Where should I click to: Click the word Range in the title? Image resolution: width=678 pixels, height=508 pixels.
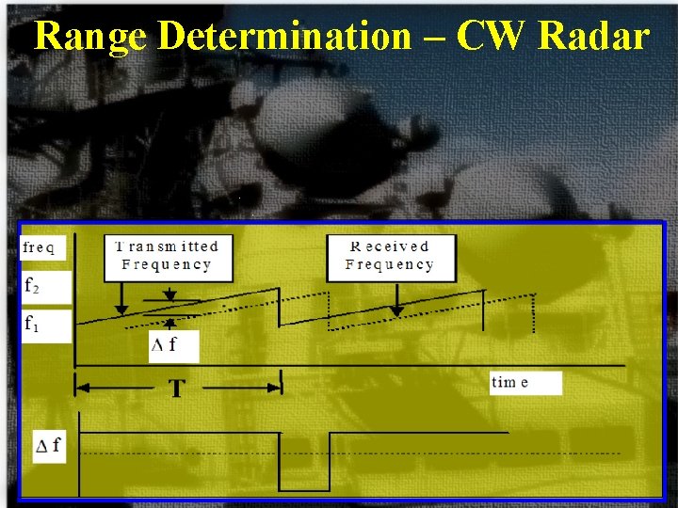point(91,37)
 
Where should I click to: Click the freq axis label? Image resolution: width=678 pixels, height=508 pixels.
point(40,248)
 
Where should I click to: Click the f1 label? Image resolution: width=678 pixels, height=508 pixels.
point(34,325)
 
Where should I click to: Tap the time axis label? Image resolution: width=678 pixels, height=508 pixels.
point(510,382)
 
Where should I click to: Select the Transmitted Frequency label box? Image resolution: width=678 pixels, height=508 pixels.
point(167,256)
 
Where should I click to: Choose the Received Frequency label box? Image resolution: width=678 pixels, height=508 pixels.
point(390,256)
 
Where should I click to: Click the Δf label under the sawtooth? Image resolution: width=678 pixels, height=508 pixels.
point(164,344)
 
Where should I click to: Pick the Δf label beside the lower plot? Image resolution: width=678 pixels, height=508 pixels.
point(48,444)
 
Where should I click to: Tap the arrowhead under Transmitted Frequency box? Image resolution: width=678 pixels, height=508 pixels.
point(121,309)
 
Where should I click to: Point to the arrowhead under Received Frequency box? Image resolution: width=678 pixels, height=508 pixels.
point(396,310)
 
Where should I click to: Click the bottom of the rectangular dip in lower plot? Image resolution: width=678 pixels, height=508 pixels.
point(305,490)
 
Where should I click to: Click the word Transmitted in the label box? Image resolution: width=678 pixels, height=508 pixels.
point(167,246)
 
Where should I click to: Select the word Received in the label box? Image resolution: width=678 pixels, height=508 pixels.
point(390,246)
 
